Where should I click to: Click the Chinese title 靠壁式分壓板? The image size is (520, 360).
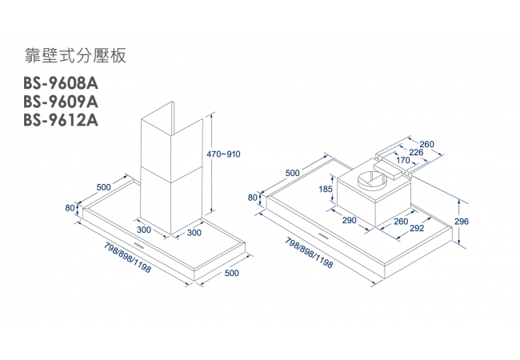(76, 56)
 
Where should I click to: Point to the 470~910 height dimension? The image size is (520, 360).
(225, 153)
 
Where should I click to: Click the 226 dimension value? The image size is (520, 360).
(416, 152)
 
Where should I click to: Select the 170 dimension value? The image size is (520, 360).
(403, 161)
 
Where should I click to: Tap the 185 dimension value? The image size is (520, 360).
(326, 189)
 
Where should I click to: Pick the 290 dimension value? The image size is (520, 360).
(349, 220)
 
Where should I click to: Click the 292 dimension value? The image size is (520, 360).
(415, 228)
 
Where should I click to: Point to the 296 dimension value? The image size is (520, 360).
(461, 221)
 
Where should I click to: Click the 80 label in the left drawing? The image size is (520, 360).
(70, 208)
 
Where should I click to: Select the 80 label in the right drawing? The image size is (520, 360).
(254, 197)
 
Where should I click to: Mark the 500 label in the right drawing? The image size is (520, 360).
(292, 173)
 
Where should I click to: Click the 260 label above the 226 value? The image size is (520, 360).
(426, 143)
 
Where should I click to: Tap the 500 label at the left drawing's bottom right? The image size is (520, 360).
(232, 273)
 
